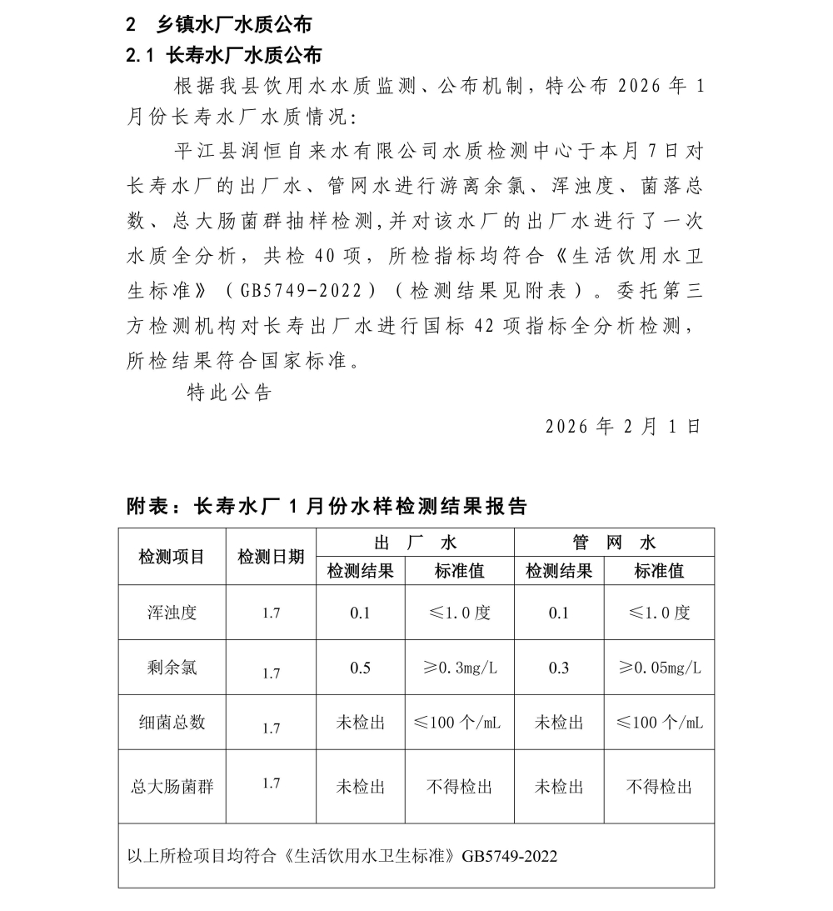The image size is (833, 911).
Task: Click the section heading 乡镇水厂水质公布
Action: [x=234, y=23]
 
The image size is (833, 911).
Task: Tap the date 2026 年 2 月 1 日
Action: [x=623, y=426]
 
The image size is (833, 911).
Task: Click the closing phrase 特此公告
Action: [x=229, y=393]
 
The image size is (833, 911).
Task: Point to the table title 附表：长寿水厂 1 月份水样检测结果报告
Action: [x=327, y=506]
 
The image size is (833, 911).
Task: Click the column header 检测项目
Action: [x=172, y=557]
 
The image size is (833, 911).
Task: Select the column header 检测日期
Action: [x=271, y=557]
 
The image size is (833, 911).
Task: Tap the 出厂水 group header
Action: [x=416, y=543]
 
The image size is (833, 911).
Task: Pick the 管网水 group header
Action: [x=614, y=543]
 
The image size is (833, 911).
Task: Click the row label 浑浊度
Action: [x=172, y=613]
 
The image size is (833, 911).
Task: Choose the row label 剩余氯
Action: [x=172, y=668]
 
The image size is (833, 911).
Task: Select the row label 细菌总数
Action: [x=172, y=723]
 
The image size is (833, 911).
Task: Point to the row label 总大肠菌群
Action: [x=172, y=786]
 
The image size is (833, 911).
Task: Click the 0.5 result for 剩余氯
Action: [x=360, y=668]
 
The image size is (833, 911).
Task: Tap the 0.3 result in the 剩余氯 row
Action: [x=559, y=668]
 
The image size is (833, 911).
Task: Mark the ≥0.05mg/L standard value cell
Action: [x=659, y=668]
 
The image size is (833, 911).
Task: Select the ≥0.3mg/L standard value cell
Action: [x=459, y=668]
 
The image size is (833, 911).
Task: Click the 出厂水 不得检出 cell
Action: [x=459, y=786]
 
